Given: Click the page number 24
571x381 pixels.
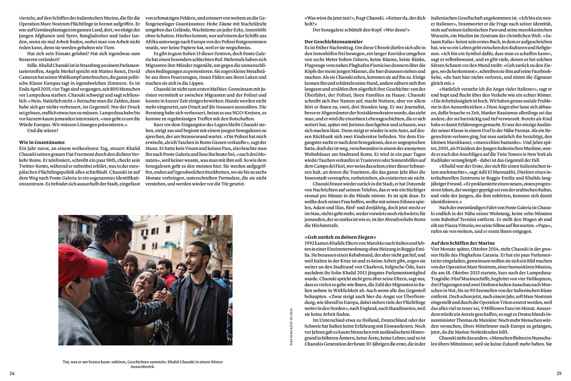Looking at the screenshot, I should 12,373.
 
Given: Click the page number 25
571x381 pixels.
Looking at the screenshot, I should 559,373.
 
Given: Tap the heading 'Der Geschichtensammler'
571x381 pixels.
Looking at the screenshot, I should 334,42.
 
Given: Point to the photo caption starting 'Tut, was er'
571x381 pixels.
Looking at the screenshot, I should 143,362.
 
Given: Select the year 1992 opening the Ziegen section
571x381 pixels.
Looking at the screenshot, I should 310,243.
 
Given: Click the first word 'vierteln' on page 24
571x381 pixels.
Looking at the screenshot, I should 26,18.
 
